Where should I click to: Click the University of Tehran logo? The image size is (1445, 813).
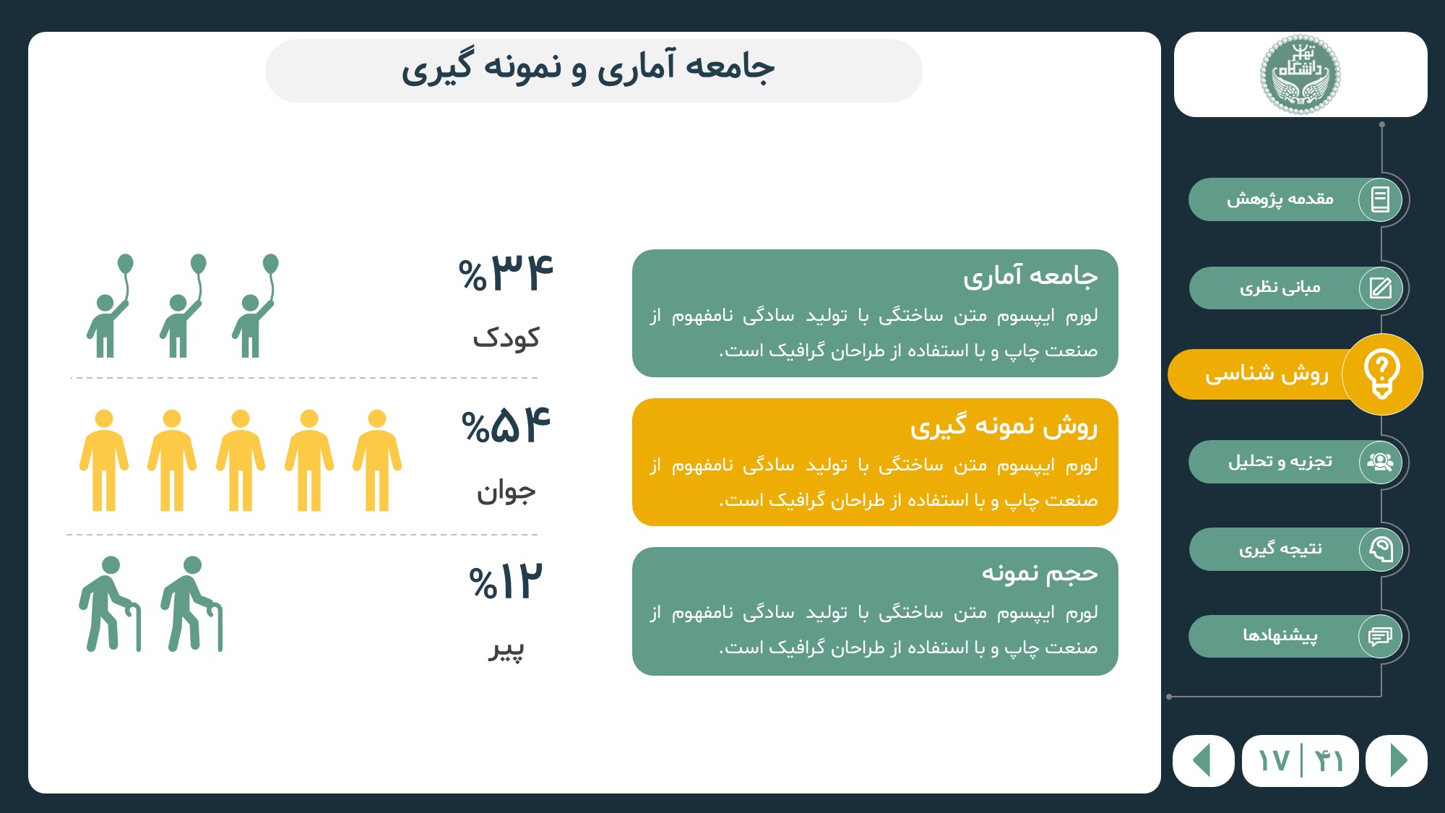coord(1300,74)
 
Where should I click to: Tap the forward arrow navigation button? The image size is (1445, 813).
coord(1397,760)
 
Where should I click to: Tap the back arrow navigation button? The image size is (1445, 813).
coord(1203,760)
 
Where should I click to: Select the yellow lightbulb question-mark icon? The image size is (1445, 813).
coord(1382,374)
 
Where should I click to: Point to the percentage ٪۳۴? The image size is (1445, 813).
coord(506,273)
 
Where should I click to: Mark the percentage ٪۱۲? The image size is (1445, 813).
coord(505,582)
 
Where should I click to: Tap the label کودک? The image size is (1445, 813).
coord(506,337)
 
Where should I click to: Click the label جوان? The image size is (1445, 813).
coord(506,493)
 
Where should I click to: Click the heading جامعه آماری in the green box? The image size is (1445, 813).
coord(1030,276)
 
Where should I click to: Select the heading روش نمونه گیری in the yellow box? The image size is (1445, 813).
coord(1004,426)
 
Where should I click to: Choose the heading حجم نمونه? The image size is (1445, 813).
coord(1040,573)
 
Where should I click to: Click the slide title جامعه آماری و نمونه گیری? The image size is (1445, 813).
coord(588,67)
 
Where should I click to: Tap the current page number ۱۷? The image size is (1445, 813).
coord(1273,761)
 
